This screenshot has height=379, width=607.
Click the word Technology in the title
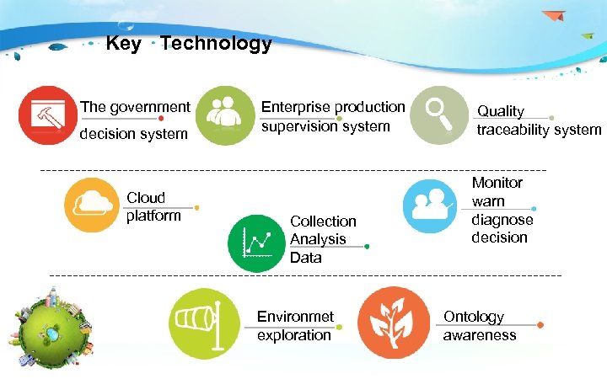tap(216, 44)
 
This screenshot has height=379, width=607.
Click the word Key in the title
tap(123, 44)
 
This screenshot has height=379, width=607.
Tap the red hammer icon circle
tap(46, 115)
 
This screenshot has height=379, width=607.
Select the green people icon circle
tap(225, 115)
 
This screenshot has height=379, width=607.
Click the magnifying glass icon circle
tap(439, 115)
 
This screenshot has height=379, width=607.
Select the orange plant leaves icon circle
tap(388, 323)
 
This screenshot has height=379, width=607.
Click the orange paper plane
tap(553, 15)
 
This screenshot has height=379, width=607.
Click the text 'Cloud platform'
tap(153, 206)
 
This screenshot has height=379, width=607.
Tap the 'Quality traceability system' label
tap(538, 120)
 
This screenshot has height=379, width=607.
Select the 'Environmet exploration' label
tap(295, 326)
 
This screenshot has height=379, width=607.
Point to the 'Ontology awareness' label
tap(479, 326)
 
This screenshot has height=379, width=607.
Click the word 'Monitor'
tap(497, 183)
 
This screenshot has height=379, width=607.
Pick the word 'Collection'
tap(323, 221)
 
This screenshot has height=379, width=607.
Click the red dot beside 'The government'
tap(161, 119)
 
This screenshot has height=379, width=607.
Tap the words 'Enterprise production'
tap(333, 107)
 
